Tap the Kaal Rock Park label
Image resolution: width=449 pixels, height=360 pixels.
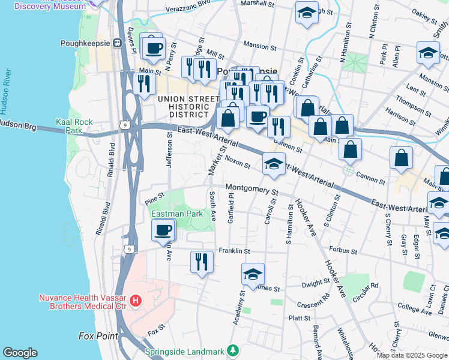coord(74,126)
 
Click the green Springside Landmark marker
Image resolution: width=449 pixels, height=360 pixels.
coord(233,350)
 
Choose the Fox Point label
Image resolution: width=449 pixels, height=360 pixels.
coord(98,336)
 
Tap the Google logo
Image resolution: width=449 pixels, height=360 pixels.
coord(20,353)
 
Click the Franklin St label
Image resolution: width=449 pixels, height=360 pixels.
coord(234,250)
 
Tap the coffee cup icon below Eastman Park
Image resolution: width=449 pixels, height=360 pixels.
coord(163,230)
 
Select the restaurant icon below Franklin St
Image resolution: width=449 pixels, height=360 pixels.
coord(202,262)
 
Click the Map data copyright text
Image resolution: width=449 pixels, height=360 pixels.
coord(412,355)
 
